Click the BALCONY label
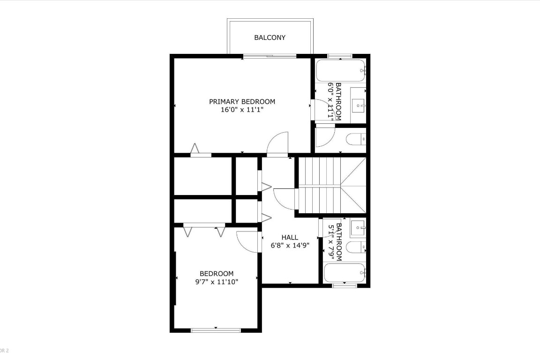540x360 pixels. pyautogui.click(x=270, y=37)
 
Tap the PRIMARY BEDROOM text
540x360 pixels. pyautogui.click(x=242, y=101)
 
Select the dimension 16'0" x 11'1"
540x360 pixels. pyautogui.click(x=242, y=110)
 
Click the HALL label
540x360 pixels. pyautogui.click(x=290, y=238)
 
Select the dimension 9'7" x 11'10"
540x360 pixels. pyautogui.click(x=217, y=282)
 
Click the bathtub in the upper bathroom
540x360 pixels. pyautogui.click(x=340, y=71)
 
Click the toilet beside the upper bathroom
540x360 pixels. pyautogui.click(x=355, y=139)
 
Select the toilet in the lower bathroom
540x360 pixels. pyautogui.click(x=355, y=247)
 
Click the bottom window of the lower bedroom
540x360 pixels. pyautogui.click(x=216, y=330)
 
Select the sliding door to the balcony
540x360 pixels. pyautogui.click(x=270, y=56)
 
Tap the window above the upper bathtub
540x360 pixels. pyautogui.click(x=340, y=56)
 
